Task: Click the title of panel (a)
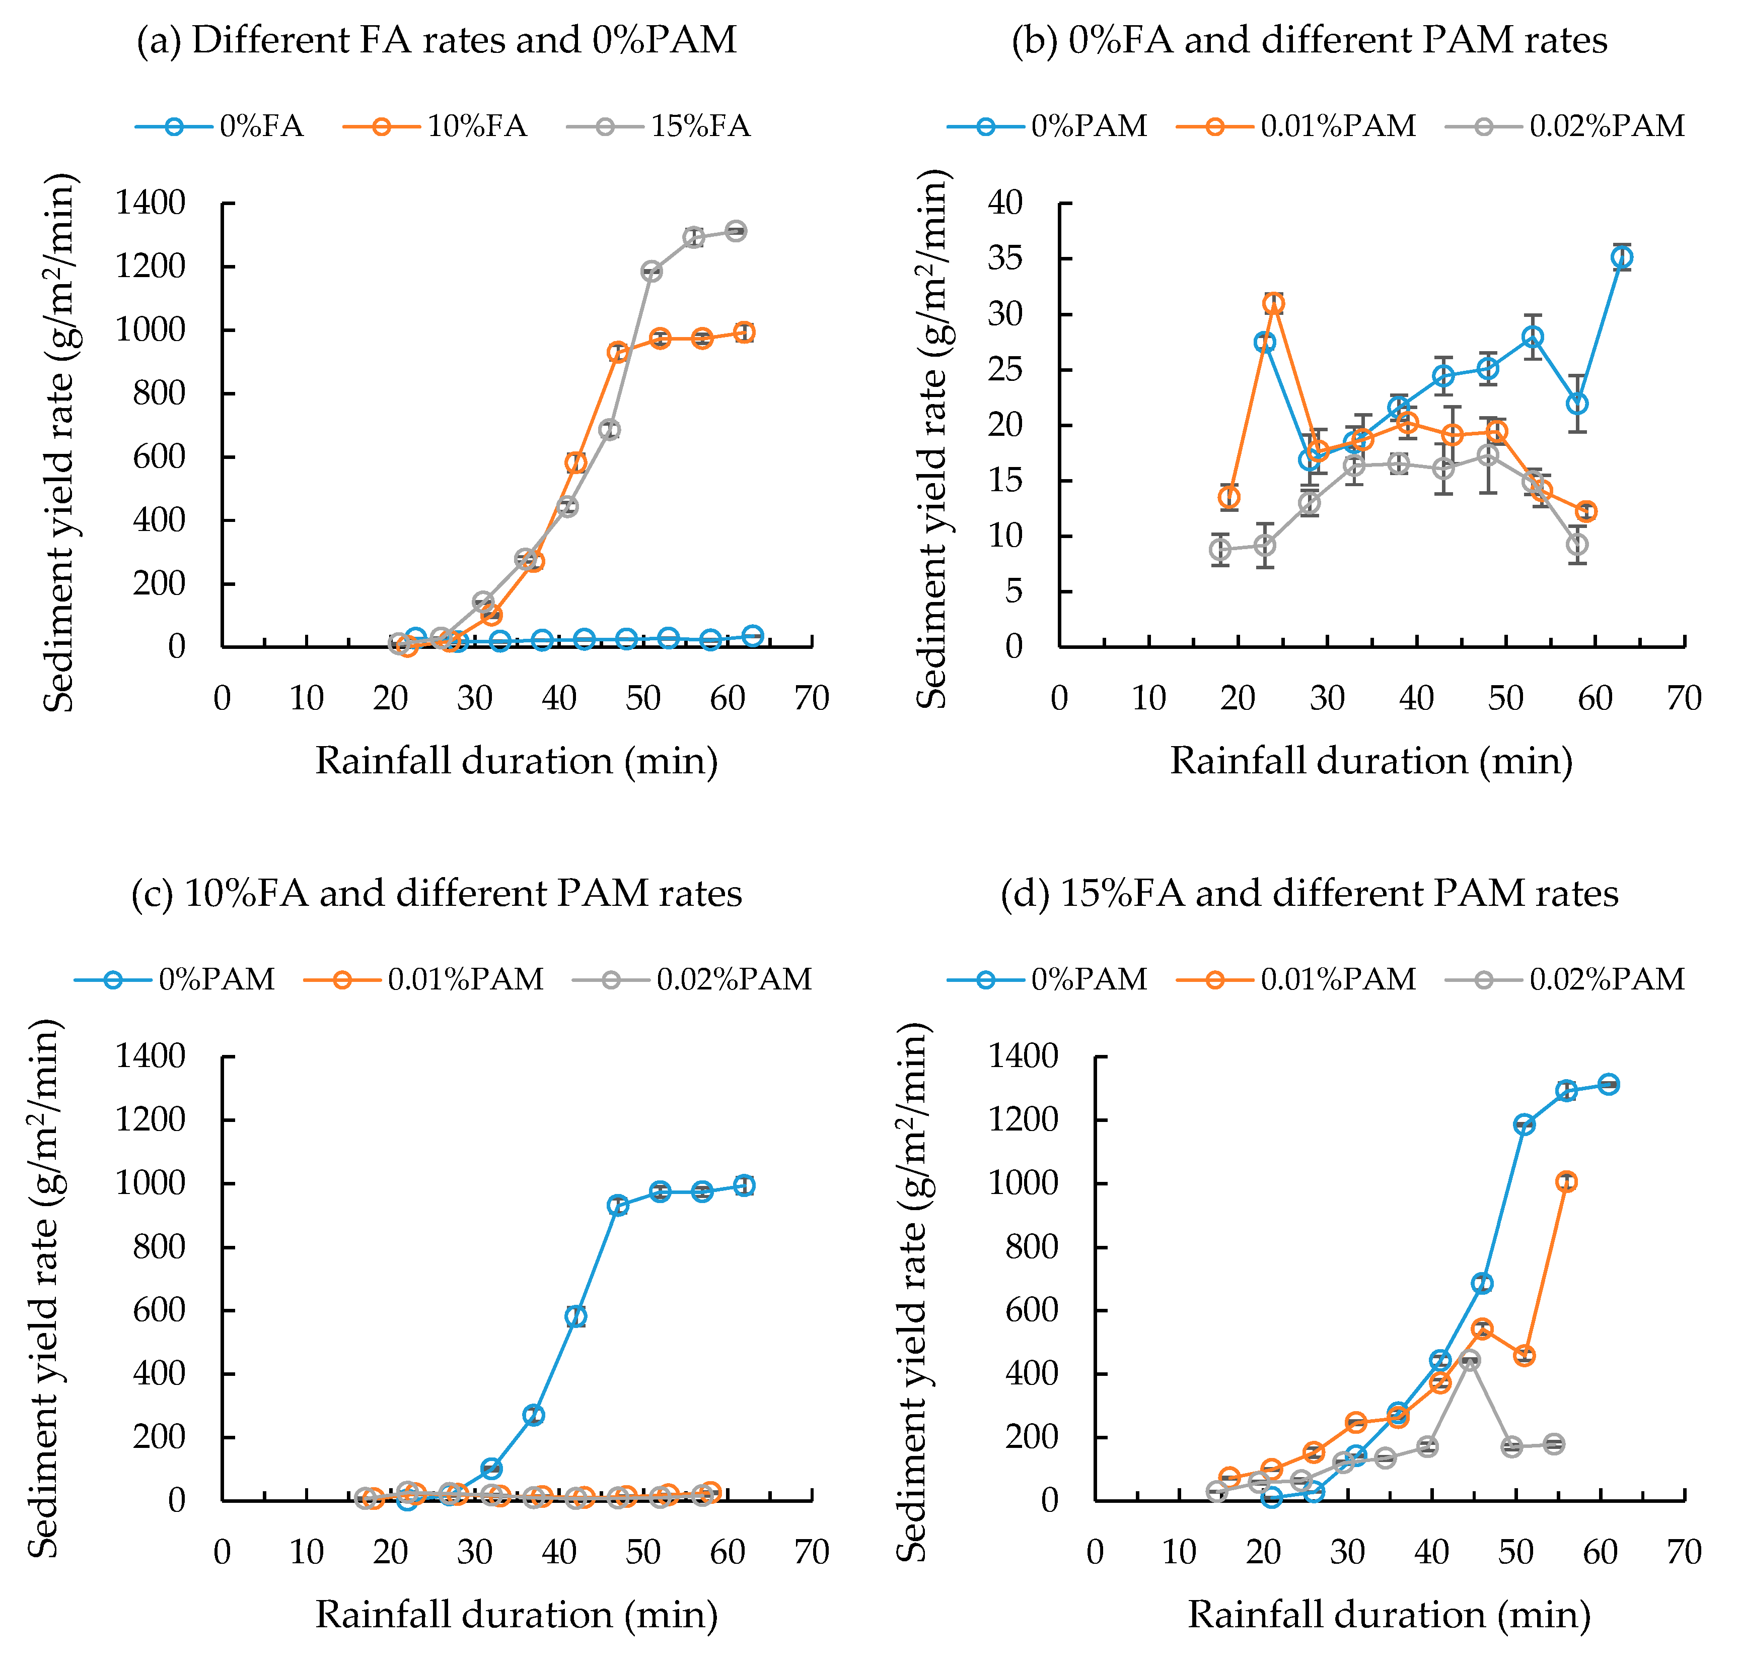pyautogui.click(x=436, y=41)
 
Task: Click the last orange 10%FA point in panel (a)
pyautogui.click(x=745, y=333)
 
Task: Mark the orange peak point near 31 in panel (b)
pyautogui.click(x=1274, y=303)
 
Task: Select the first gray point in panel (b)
pyautogui.click(x=1220, y=550)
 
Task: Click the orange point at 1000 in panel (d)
pyautogui.click(x=1566, y=1181)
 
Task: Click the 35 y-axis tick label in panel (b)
pyautogui.click(x=1005, y=258)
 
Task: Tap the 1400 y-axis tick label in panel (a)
pyautogui.click(x=151, y=204)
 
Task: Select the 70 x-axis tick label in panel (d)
pyautogui.click(x=1684, y=1552)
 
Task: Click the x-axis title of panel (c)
pyautogui.click(x=517, y=1614)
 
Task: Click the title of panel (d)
pyautogui.click(x=1309, y=894)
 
